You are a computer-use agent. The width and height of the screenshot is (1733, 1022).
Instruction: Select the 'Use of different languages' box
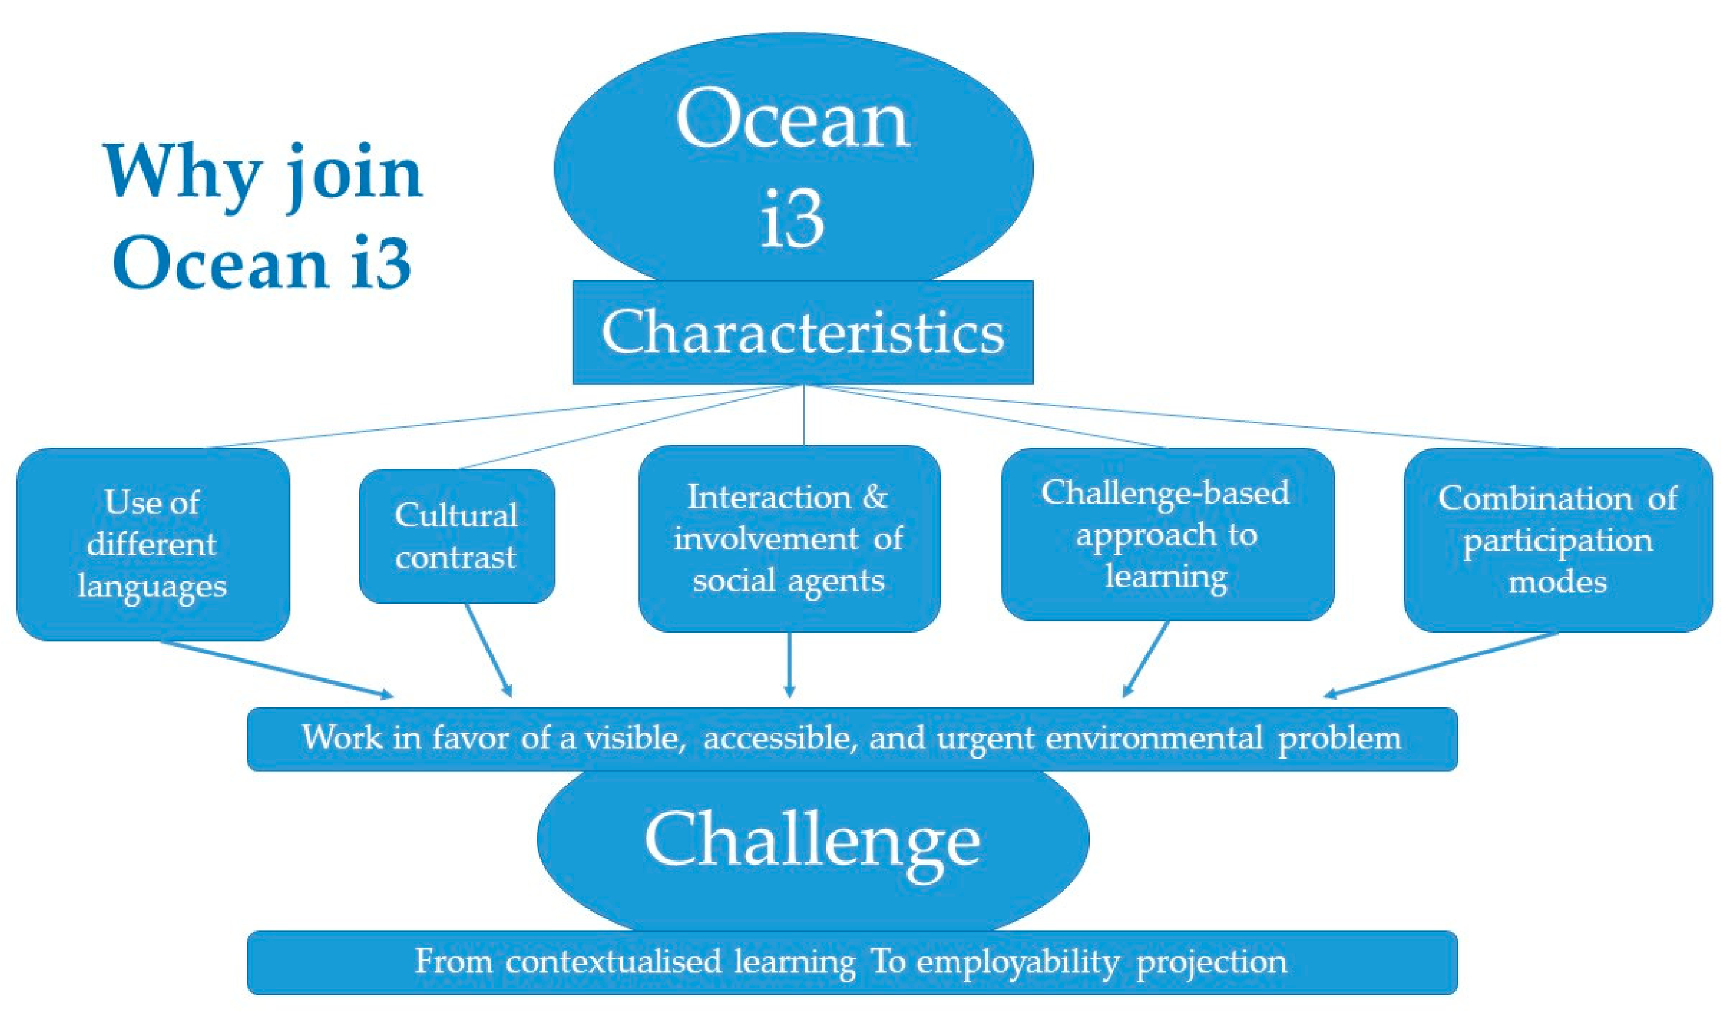tap(153, 544)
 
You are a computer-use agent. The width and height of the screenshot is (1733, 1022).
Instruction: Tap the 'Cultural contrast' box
tap(457, 537)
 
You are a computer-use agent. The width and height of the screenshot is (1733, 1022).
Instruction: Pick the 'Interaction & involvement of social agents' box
tap(790, 538)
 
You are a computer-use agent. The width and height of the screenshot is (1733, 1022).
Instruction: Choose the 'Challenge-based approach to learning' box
tap(1168, 534)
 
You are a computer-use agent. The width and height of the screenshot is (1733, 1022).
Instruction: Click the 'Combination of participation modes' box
tap(1558, 540)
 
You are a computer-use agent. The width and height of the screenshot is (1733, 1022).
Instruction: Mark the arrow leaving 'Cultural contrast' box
tap(489, 650)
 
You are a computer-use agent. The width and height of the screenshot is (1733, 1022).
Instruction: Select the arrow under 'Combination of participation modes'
tap(1441, 665)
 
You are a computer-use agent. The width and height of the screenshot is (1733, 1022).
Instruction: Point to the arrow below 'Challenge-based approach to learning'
tap(1146, 659)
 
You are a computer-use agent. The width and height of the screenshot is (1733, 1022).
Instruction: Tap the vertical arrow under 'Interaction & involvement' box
tap(790, 664)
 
